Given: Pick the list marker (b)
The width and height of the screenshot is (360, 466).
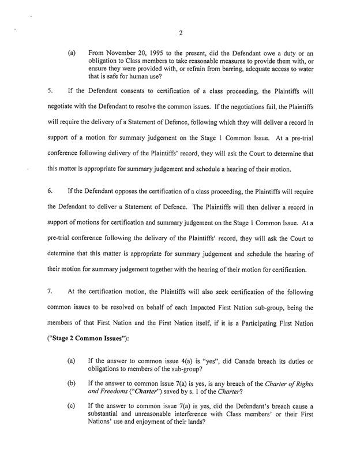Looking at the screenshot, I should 72,389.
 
